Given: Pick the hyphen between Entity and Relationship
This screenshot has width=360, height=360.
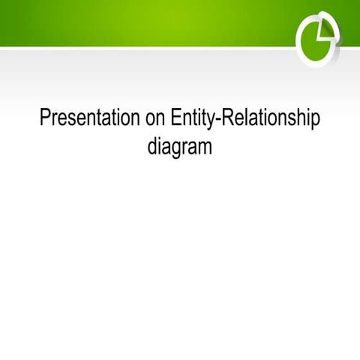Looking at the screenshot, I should click(x=218, y=120).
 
